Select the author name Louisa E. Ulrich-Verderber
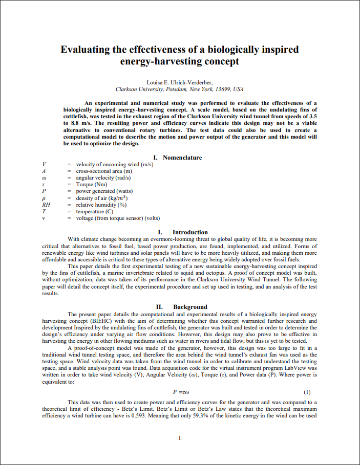coord(180,82)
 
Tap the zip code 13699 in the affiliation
coord(221,89)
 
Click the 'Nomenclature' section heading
coord(182,158)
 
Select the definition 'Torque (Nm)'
coord(91,184)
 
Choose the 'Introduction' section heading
coord(190,232)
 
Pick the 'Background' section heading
coord(190,307)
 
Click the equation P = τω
coord(180,392)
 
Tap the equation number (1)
coord(307,392)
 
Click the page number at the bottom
coord(180,438)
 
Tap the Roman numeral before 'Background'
coord(159,307)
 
